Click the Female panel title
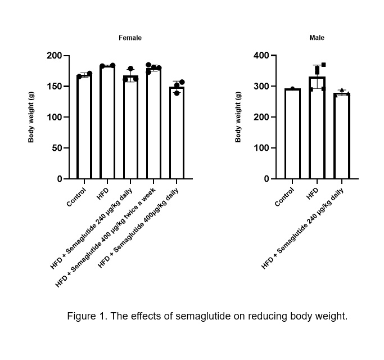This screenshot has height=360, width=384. [x=130, y=38]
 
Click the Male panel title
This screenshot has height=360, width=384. [x=317, y=38]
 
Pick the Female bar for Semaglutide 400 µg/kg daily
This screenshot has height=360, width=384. [x=177, y=133]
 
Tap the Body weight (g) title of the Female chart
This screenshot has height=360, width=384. [x=31, y=117]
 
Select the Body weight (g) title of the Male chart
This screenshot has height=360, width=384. [x=238, y=117]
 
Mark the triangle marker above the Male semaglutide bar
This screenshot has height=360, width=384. [x=341, y=90]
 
